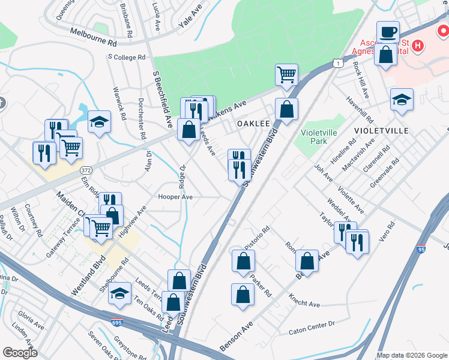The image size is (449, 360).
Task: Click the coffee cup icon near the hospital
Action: coord(388,32)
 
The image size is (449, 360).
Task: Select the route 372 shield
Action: coord(85,170)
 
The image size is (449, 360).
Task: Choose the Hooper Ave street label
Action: coord(175,196)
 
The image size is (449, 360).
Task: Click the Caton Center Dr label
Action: coord(312,327)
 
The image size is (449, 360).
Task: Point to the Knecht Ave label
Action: coord(304,301)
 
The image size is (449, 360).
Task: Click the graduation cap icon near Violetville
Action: coord(402,99)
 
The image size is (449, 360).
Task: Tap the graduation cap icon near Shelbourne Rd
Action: coord(119,293)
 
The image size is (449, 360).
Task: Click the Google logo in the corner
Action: coord(20,353)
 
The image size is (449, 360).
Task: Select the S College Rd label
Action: coord(127,58)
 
